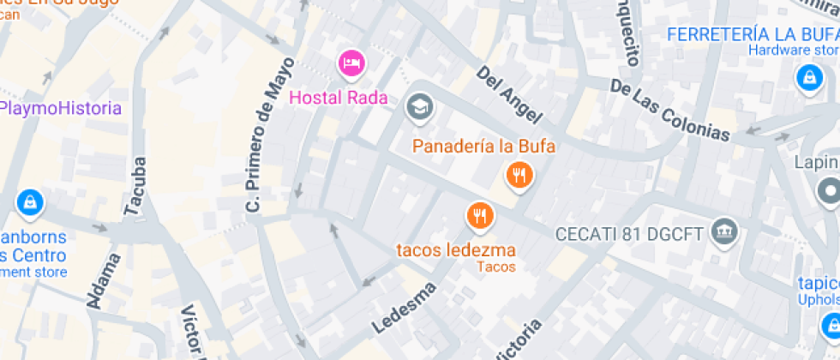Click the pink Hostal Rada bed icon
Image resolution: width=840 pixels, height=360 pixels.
[x=351, y=62]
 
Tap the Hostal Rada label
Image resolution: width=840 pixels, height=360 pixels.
[x=339, y=98]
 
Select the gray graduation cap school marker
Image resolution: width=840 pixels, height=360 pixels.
[x=420, y=107]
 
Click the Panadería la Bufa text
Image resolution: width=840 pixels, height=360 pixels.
[x=483, y=146]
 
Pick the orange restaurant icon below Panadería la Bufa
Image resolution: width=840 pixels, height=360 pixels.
[x=519, y=176]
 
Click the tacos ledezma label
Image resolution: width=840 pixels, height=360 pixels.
[x=455, y=250]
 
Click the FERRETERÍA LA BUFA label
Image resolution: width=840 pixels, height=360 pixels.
[x=752, y=34]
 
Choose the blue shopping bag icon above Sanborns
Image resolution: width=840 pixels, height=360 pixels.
[x=30, y=202]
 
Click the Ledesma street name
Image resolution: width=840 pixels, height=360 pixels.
[x=404, y=308]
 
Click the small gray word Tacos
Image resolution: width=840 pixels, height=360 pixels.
[x=497, y=267]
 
